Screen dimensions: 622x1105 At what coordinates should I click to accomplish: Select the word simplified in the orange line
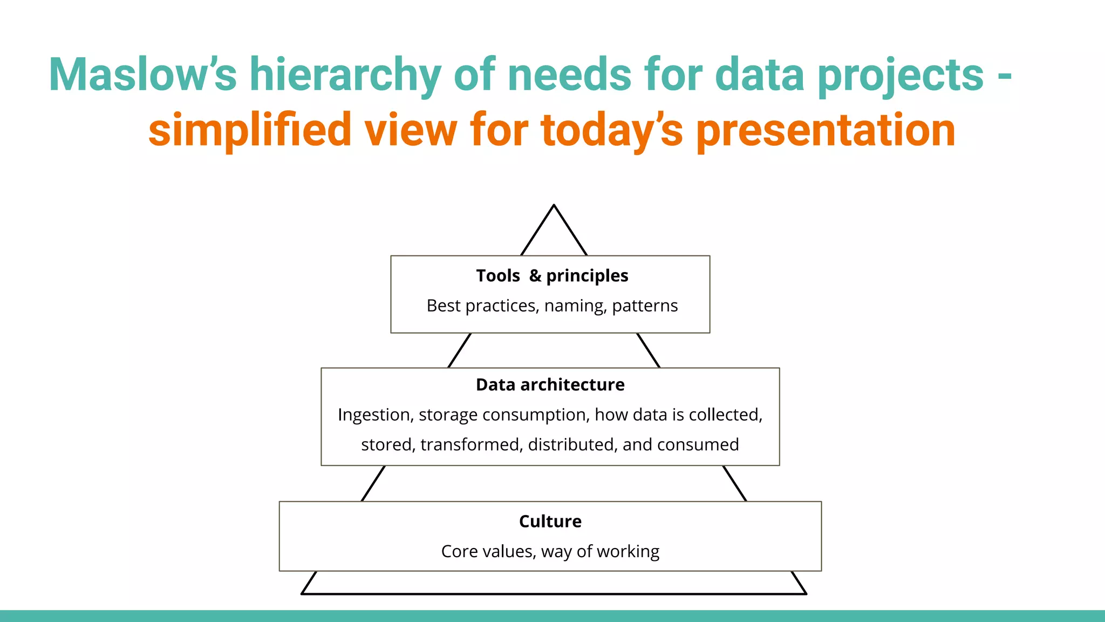[250, 130]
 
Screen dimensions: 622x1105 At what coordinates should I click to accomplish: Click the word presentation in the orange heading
[826, 130]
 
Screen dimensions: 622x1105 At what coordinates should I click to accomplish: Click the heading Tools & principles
[552, 275]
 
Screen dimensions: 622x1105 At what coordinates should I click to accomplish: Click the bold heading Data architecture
[550, 384]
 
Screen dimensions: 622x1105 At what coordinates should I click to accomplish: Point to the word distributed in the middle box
[572, 444]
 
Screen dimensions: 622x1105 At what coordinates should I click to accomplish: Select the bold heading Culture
[550, 521]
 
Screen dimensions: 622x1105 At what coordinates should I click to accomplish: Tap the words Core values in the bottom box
[488, 551]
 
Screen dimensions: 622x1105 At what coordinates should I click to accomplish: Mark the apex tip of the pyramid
[554, 205]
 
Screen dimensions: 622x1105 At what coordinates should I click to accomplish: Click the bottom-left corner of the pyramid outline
[302, 593]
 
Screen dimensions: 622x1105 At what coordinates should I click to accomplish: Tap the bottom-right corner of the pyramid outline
[806, 593]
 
